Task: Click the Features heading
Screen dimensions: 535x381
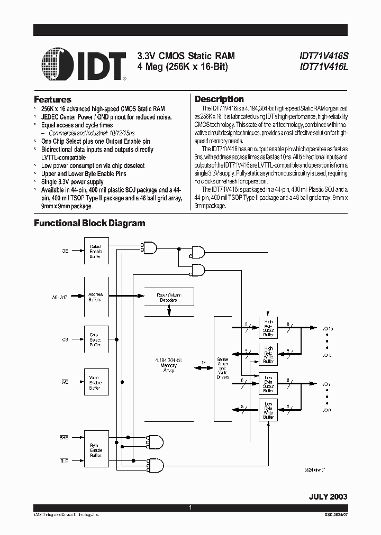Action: point(52,99)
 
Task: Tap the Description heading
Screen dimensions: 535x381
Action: point(219,99)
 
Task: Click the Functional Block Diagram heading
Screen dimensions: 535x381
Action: point(89,223)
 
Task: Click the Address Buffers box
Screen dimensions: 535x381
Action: point(96,297)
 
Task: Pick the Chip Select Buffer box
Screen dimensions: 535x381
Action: point(96,339)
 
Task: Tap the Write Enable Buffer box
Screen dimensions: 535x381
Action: point(96,382)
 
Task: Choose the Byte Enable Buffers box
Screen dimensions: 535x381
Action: point(96,450)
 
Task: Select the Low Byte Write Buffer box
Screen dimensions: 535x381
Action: point(268,410)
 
